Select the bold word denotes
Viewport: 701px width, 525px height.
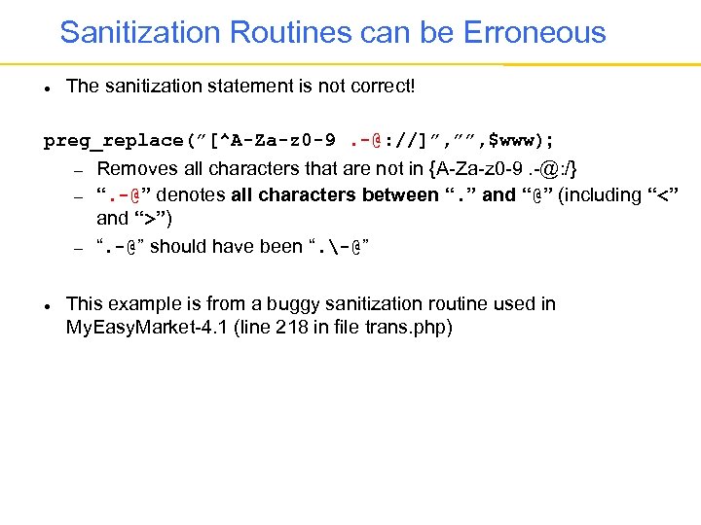(x=194, y=194)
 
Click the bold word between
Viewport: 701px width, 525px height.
(x=400, y=194)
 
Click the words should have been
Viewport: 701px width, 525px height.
(x=225, y=246)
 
